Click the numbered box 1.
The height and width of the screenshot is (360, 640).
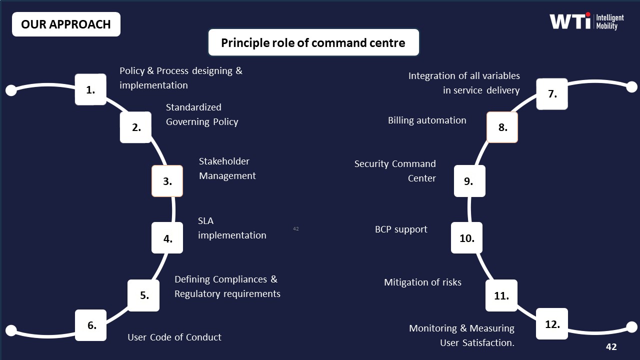point(90,89)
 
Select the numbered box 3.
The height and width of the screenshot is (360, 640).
point(167,181)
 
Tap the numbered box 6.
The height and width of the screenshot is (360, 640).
point(91,325)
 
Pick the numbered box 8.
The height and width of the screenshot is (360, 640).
point(502,127)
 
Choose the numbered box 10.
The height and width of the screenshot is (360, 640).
point(466,238)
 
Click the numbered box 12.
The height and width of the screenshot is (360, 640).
point(552,324)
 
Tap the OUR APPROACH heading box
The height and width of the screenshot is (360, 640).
point(66,24)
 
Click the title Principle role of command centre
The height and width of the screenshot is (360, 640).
point(313,42)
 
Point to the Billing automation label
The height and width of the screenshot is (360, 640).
point(427,120)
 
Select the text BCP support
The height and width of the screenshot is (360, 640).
point(401,229)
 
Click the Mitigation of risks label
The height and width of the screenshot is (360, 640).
point(422,282)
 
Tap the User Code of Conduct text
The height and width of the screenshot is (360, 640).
point(174,337)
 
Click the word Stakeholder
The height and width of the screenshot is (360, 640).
point(224,161)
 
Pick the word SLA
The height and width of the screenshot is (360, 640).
point(205,220)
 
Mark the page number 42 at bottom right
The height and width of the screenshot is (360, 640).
point(611,346)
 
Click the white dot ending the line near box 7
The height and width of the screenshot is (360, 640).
point(632,86)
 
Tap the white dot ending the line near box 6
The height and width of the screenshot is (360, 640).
point(11,330)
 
